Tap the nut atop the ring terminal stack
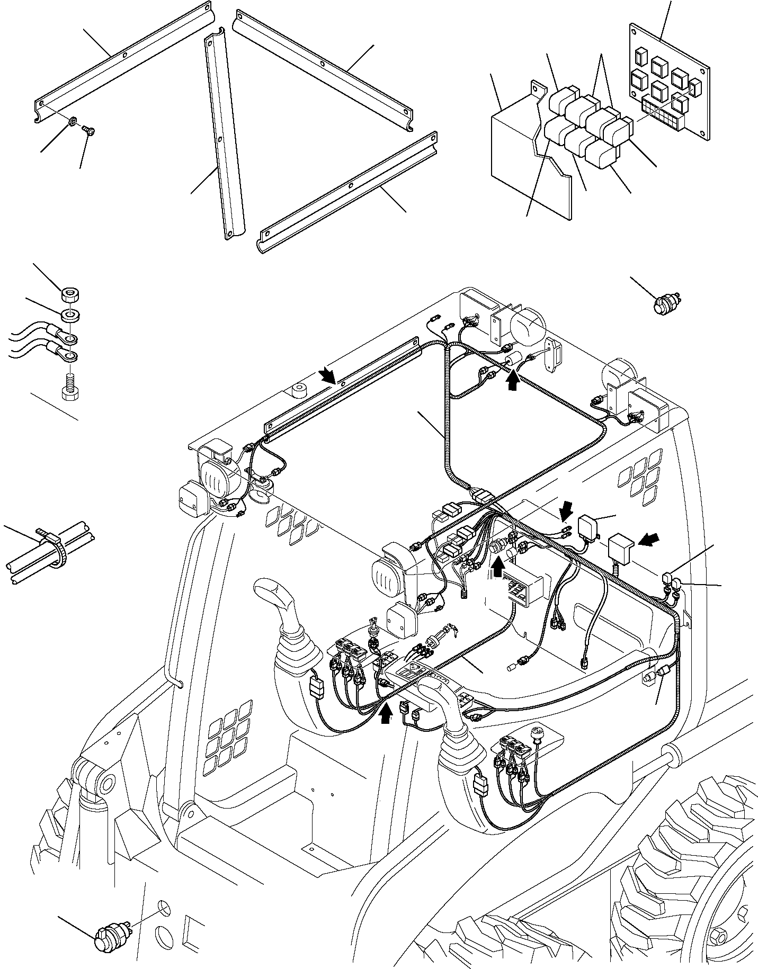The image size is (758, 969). (68, 293)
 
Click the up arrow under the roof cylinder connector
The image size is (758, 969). (512, 382)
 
